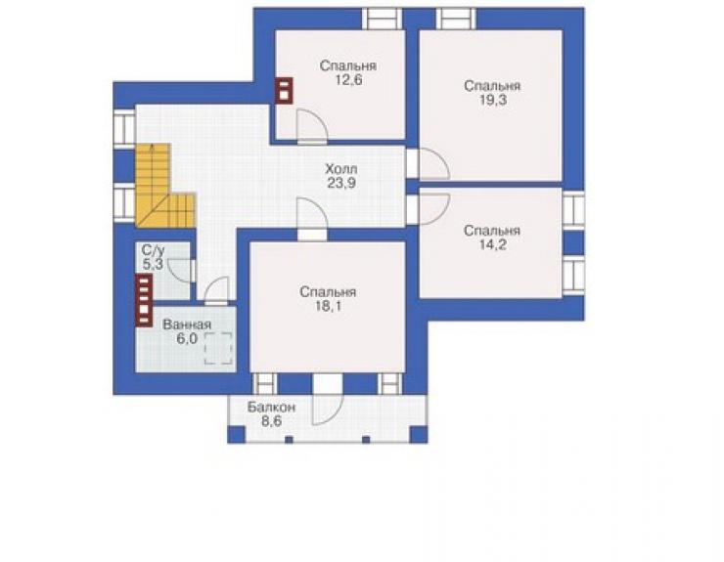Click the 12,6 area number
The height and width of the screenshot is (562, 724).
coord(348,80)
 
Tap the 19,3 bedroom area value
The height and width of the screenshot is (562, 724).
coord(493,100)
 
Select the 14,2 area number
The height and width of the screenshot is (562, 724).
coord(492,244)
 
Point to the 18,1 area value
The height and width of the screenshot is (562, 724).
coord(328,306)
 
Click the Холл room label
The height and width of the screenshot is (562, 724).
coord(341,169)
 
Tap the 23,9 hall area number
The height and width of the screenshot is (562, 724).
coord(341,183)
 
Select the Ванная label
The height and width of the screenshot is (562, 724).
coord(187,324)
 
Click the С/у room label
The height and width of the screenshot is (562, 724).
coord(153,250)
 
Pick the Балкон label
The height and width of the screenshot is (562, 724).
coord(271,408)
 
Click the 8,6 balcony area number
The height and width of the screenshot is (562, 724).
coord(271,421)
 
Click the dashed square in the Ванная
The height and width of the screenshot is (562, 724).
coord(218,348)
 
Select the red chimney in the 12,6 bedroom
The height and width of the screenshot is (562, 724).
coord(284,91)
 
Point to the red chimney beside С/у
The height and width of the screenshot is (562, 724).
coord(144,300)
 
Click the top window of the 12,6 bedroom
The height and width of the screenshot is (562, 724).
coord(382,19)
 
